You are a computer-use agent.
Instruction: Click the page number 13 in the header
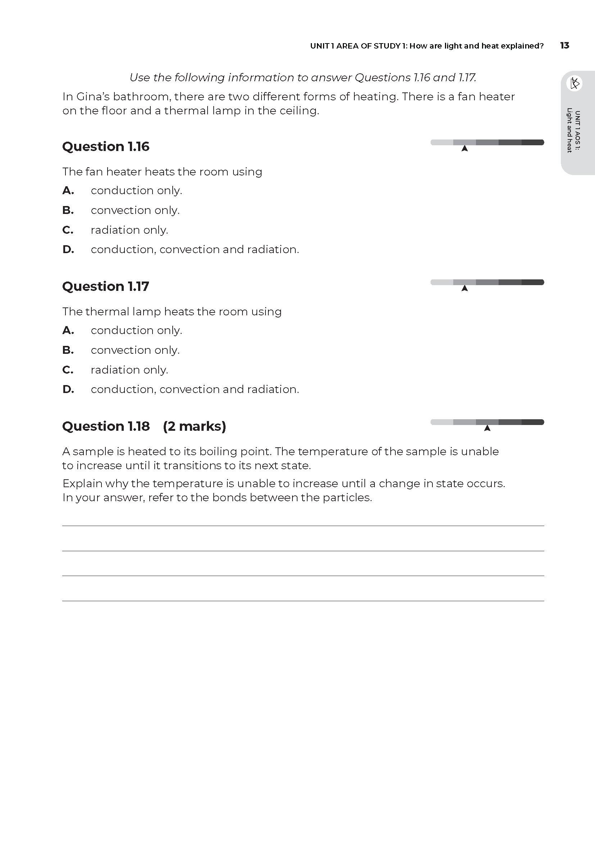[x=564, y=45]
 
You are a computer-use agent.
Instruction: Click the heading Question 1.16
[x=105, y=146]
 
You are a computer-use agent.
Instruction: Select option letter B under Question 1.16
[x=68, y=210]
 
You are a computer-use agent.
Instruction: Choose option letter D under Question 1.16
[x=68, y=250]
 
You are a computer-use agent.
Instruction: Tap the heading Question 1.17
[x=105, y=287]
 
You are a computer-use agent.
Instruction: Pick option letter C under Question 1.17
[x=68, y=370]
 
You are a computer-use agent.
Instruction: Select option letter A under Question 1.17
[x=68, y=330]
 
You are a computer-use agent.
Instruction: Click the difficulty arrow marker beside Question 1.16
[x=464, y=148]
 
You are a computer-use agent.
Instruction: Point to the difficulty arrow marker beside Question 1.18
[x=487, y=428]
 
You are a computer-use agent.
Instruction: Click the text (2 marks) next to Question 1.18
[x=194, y=426]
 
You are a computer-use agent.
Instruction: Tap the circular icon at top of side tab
[x=574, y=83]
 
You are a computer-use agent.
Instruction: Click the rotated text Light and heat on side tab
[x=569, y=130]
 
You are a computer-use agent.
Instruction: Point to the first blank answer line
[x=303, y=526]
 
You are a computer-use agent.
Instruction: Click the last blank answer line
[x=303, y=601]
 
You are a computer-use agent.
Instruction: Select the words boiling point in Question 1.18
[x=235, y=452]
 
